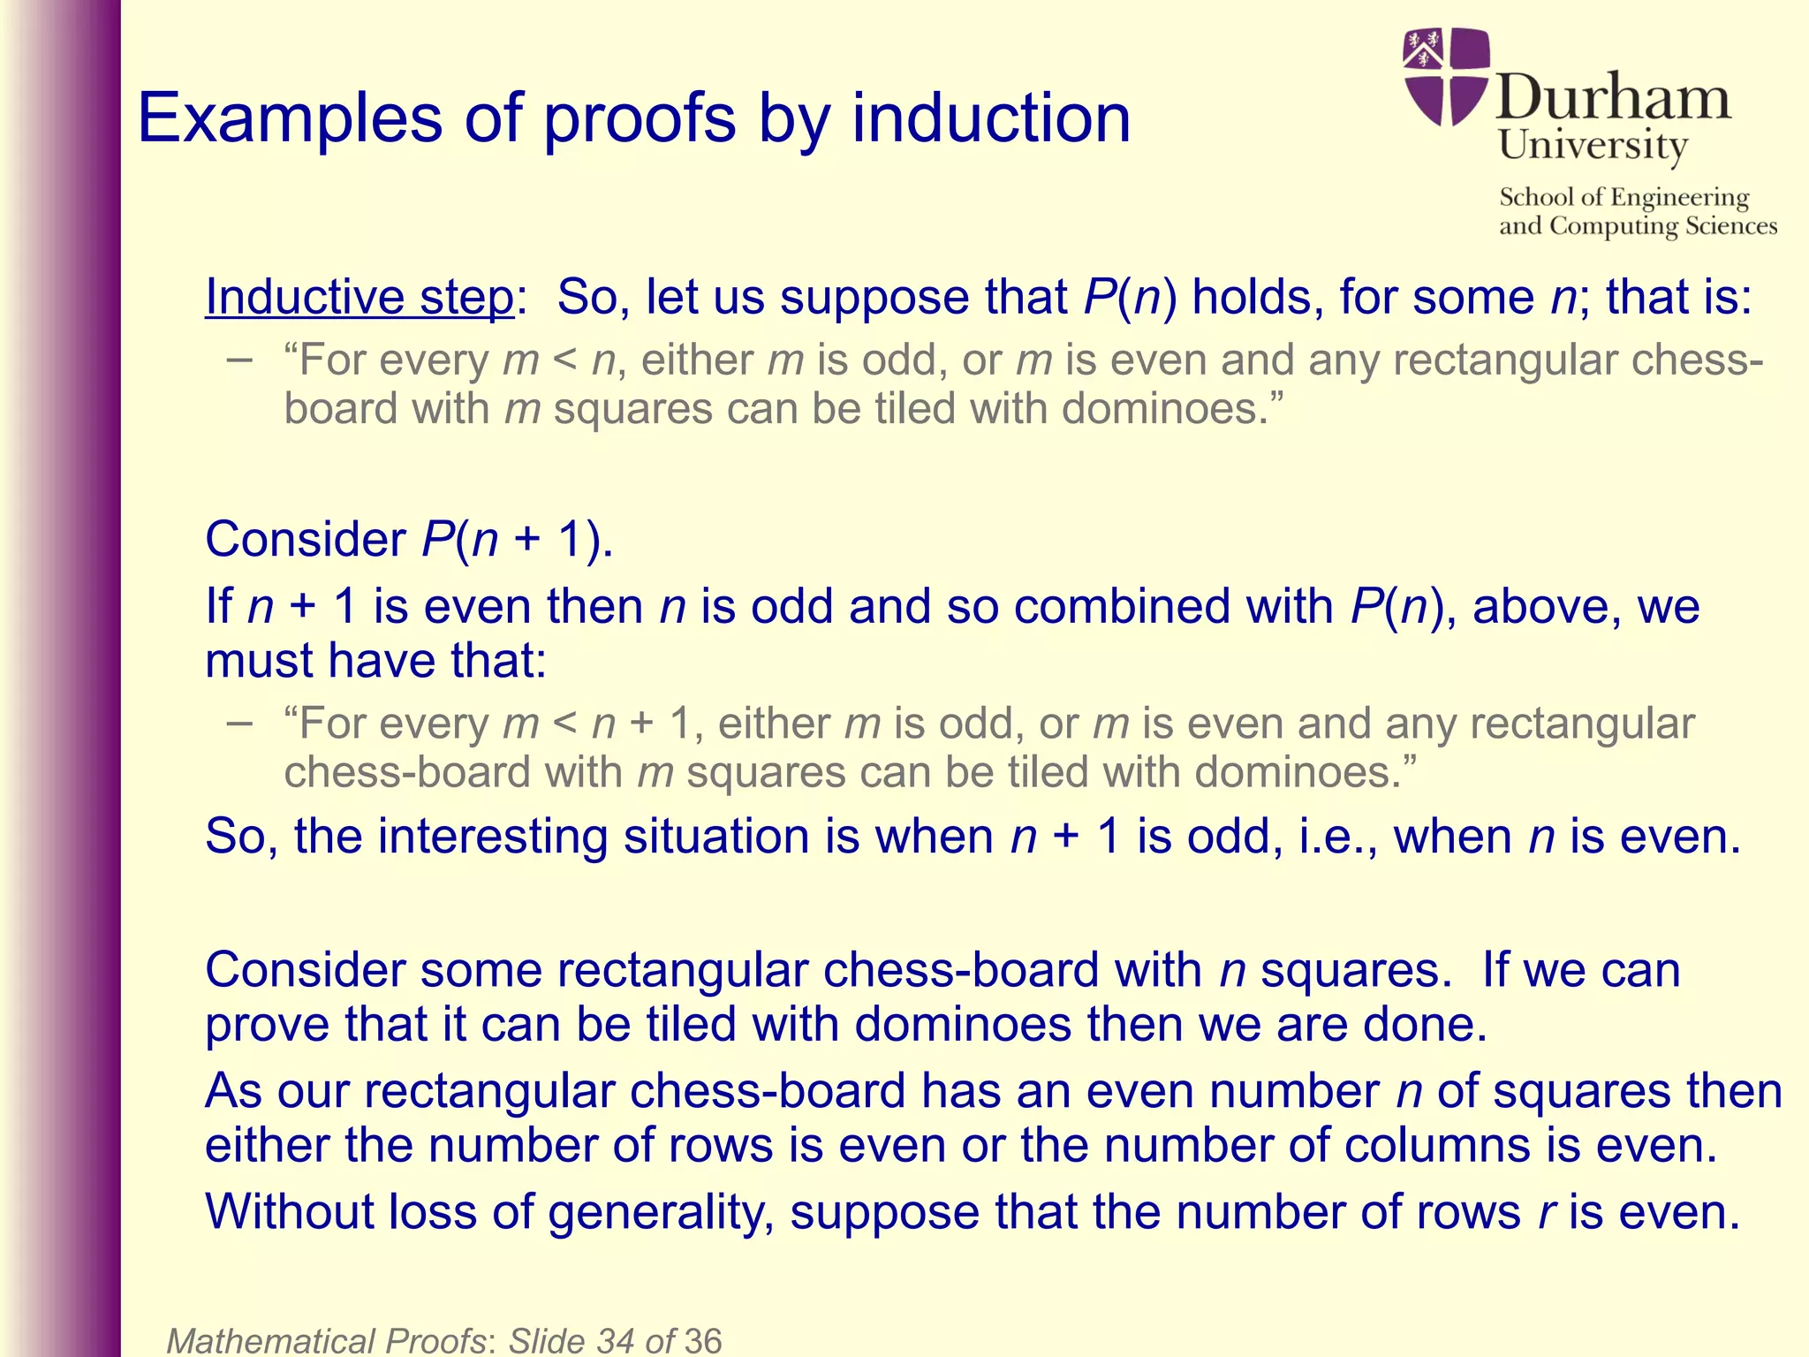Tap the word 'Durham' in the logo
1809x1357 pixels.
click(1613, 97)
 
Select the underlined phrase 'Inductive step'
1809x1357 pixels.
click(359, 297)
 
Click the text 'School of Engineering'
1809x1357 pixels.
click(1624, 197)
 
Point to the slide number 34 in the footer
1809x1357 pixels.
click(617, 1340)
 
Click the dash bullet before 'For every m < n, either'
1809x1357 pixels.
click(238, 360)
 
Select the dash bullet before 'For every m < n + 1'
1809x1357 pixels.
click(238, 723)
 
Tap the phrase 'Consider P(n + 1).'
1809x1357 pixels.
click(409, 539)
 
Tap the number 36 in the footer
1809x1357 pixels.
click(702, 1340)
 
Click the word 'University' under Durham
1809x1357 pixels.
click(1593, 145)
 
